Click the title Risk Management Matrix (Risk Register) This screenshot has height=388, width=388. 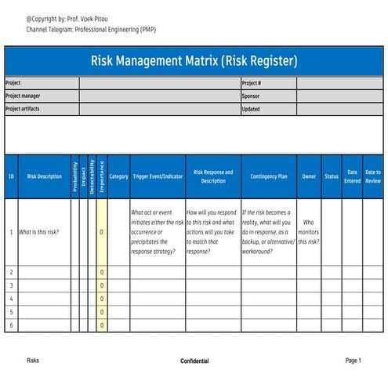point(194,60)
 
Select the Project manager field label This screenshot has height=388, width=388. point(23,96)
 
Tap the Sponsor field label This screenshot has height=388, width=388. point(251,96)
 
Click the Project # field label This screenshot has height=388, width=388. point(252,82)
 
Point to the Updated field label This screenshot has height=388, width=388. point(251,109)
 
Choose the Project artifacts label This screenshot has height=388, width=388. point(23,109)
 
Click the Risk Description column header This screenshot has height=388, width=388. point(44,176)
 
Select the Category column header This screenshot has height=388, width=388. point(118,176)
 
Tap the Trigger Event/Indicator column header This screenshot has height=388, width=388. point(157,176)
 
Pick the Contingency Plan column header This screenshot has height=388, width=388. point(268,176)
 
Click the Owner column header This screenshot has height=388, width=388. point(309,176)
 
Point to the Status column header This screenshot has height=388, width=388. point(332,176)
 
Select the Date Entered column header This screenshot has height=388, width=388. point(352,176)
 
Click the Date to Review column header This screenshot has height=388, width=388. point(373,176)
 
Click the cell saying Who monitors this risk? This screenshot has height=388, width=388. point(309,232)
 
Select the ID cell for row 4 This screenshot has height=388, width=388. point(11,299)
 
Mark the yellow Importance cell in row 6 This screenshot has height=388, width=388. point(101,325)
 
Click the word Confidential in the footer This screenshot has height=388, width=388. point(194,361)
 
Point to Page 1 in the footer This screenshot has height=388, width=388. point(353,361)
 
